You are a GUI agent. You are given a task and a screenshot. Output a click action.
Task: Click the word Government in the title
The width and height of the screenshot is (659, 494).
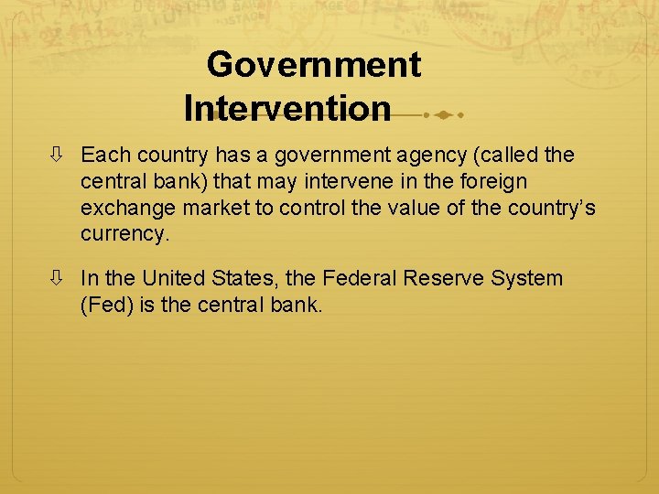[313, 65]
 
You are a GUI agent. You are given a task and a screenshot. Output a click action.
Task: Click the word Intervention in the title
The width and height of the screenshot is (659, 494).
[287, 109]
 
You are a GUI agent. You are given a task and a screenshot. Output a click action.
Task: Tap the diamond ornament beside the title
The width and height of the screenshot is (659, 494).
[442, 115]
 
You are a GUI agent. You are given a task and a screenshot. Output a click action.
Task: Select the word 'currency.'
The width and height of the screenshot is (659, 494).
[125, 234]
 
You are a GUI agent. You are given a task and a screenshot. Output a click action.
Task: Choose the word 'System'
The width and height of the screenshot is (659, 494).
[530, 278]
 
